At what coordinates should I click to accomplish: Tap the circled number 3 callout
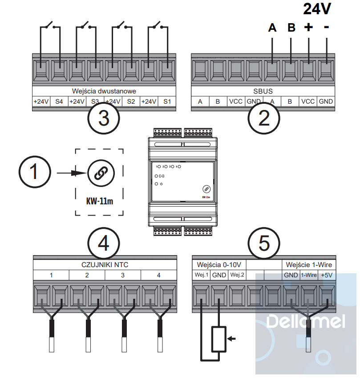(103, 118)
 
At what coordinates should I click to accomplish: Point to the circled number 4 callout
(103, 243)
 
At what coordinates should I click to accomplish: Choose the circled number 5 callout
(264, 243)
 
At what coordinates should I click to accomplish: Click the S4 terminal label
(59, 102)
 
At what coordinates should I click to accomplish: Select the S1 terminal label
(167, 102)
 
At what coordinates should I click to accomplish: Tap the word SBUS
(263, 90)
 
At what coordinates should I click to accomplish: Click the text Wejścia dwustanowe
(104, 90)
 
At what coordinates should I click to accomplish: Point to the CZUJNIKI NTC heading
(105, 264)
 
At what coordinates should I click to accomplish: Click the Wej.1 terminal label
(201, 275)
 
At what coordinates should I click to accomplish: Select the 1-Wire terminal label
(308, 275)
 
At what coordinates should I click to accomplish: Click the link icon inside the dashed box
(99, 173)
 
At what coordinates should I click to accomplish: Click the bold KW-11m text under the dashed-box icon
(99, 200)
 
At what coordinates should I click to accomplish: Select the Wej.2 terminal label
(237, 275)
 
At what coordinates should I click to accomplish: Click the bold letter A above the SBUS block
(272, 28)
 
